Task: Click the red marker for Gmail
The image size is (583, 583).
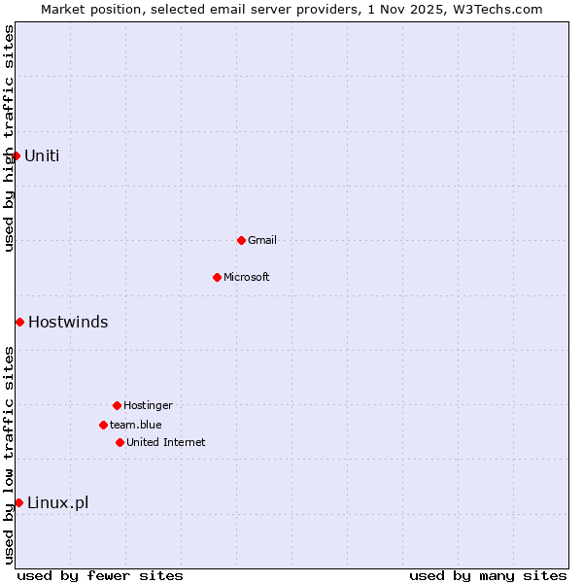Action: pyautogui.click(x=241, y=240)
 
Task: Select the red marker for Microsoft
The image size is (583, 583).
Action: pyautogui.click(x=217, y=277)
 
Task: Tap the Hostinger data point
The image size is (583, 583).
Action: pyautogui.click(x=117, y=405)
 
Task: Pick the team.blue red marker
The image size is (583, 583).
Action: pyautogui.click(x=103, y=425)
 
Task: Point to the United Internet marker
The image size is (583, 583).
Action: pyautogui.click(x=120, y=442)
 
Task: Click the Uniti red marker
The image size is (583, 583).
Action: pyautogui.click(x=16, y=155)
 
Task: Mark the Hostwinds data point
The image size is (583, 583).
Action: pyautogui.click(x=19, y=322)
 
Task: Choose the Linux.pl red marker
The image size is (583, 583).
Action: pyautogui.click(x=18, y=502)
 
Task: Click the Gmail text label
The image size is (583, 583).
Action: pyautogui.click(x=262, y=240)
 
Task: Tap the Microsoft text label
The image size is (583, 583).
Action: pyautogui.click(x=247, y=277)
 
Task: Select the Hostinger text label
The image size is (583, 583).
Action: pyautogui.click(x=148, y=405)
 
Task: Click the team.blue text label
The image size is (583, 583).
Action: pyautogui.click(x=136, y=425)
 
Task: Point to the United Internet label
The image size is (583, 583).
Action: pyautogui.click(x=166, y=442)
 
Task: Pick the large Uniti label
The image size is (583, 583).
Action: pyautogui.click(x=42, y=155)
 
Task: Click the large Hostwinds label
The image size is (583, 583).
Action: pyautogui.click(x=68, y=322)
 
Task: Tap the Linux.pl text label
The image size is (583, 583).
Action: pyautogui.click(x=57, y=502)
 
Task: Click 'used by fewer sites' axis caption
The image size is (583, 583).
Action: pyautogui.click(x=100, y=575)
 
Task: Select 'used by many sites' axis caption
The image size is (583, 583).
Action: pyautogui.click(x=488, y=575)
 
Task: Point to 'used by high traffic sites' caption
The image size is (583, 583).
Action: pyautogui.click(x=9, y=138)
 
